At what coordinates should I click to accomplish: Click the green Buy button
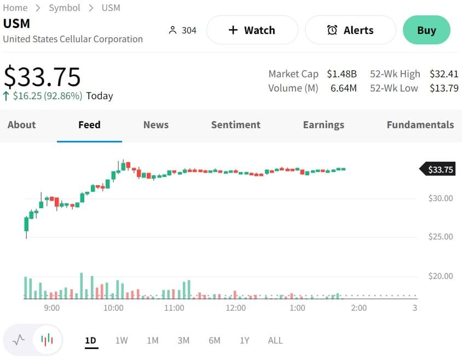426,30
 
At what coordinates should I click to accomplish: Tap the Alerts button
350,30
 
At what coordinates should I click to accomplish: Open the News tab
156,125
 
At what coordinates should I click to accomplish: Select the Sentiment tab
236,125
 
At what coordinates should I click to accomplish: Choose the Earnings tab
324,125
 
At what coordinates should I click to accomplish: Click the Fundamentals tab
420,125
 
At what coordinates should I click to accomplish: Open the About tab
22,125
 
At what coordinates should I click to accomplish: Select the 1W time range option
122,340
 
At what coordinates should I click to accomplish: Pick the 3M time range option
183,340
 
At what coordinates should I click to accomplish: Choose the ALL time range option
275,340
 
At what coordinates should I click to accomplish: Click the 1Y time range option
245,340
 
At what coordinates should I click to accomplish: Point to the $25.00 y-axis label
441,237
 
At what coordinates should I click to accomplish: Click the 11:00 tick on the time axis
174,308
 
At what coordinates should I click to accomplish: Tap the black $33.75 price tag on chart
440,170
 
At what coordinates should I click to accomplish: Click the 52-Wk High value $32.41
444,74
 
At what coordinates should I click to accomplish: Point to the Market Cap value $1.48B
342,74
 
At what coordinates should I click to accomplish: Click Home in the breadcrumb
15,8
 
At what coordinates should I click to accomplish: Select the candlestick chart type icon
48,340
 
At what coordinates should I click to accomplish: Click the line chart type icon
19,340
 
